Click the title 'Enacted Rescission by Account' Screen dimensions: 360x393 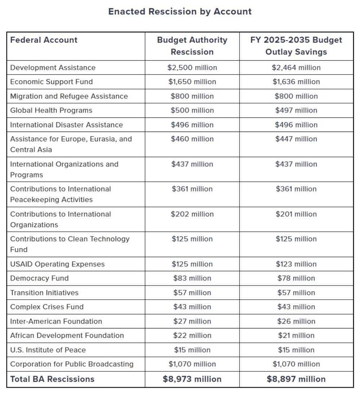pyautogui.click(x=180, y=12)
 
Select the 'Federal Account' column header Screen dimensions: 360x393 pyautogui.click(x=44, y=40)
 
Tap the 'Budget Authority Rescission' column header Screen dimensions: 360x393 pyautogui.click(x=192, y=46)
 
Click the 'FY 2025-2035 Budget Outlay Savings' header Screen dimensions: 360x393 pyautogui.click(x=296, y=46)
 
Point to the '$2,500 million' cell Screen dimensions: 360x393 pyautogui.click(x=192, y=68)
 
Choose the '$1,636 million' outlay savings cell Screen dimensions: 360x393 pyautogui.click(x=296, y=82)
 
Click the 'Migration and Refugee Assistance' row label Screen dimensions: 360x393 pyautogui.click(x=69, y=96)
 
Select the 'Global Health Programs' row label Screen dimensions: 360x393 pyautogui.click(x=51, y=110)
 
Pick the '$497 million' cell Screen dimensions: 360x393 pyautogui.click(x=296, y=110)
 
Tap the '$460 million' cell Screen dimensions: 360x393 pyautogui.click(x=192, y=139)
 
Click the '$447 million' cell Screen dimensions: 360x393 pyautogui.click(x=296, y=139)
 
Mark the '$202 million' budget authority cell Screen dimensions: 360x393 pyautogui.click(x=192, y=214)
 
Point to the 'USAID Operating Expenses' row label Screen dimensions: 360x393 pyautogui.click(x=57, y=264)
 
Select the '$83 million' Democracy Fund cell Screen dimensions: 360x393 pyautogui.click(x=192, y=278)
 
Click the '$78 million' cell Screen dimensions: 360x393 pyautogui.click(x=296, y=278)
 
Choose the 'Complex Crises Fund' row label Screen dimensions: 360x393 pyautogui.click(x=47, y=307)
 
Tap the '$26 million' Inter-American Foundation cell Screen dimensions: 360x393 pyautogui.click(x=296, y=321)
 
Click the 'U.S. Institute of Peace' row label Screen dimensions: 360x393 pyautogui.click(x=48, y=350)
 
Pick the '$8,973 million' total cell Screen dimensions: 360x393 pyautogui.click(x=192, y=379)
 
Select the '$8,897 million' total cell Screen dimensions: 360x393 pyautogui.click(x=296, y=379)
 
